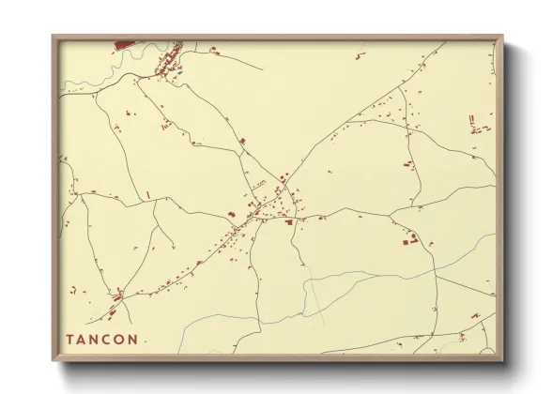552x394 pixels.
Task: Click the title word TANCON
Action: pyautogui.click(x=102, y=339)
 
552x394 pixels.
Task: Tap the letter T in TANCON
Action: pyautogui.click(x=69, y=339)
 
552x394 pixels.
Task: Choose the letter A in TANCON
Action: pyautogui.click(x=83, y=339)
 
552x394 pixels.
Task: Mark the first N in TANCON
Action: pyautogui.click(x=96, y=339)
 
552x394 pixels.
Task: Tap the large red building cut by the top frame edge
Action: pyautogui.click(x=126, y=43)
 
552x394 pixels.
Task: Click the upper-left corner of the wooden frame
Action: pyautogui.click(x=53, y=37)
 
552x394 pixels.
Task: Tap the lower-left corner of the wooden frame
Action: pyautogui.click(x=53, y=361)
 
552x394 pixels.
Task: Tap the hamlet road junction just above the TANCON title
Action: pyautogui.click(x=118, y=297)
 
